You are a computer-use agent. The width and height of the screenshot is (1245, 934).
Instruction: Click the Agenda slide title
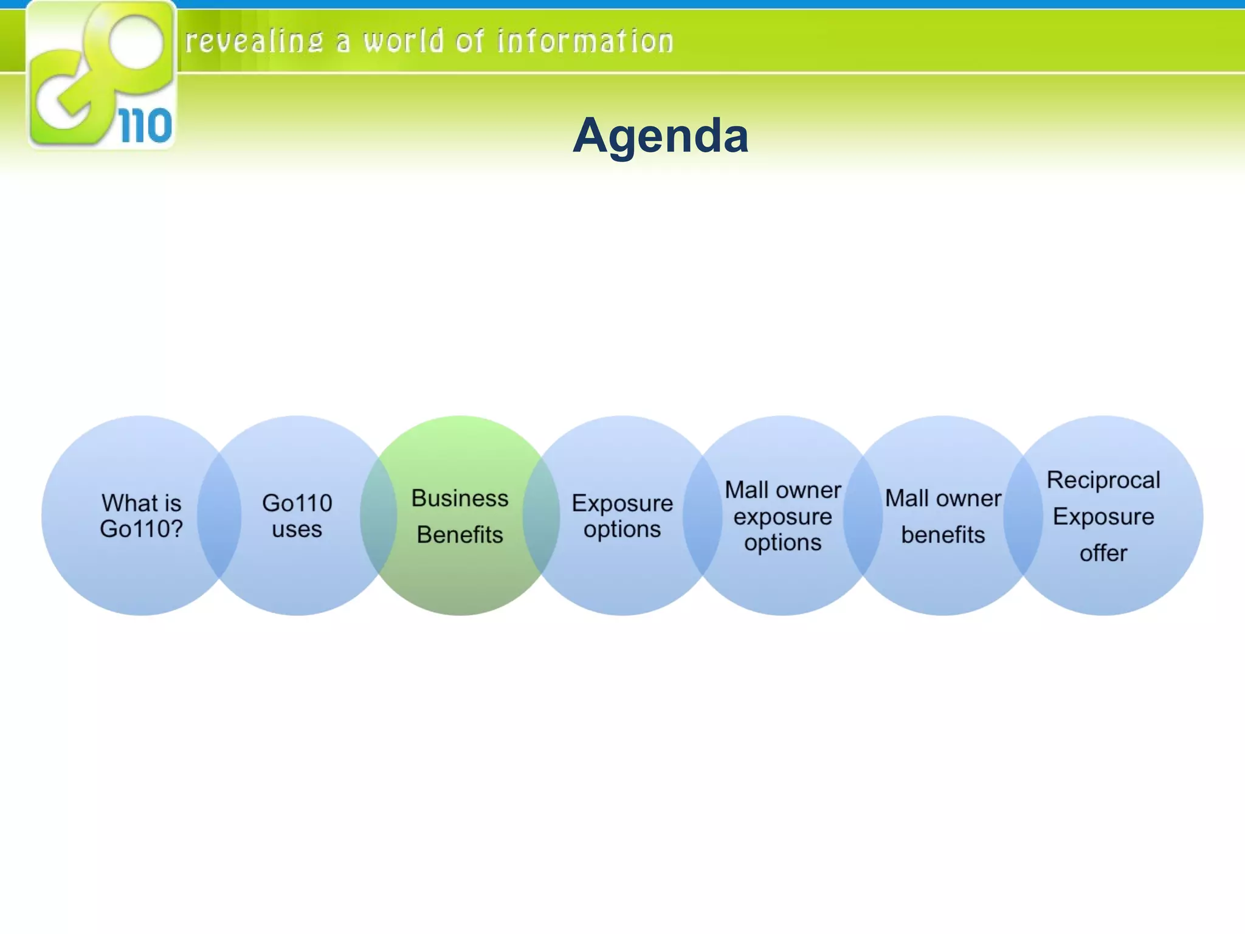coord(660,135)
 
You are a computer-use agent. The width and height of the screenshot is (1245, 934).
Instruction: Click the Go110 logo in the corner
coord(102,74)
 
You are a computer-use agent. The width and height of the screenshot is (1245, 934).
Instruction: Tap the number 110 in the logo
coord(145,126)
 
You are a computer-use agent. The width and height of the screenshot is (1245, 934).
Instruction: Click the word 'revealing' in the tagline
coord(254,42)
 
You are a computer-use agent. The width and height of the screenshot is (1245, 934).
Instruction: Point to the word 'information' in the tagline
coord(585,42)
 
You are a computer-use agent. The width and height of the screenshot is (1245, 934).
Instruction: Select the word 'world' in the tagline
coord(404,42)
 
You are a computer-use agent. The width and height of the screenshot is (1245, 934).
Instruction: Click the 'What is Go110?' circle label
coord(141,516)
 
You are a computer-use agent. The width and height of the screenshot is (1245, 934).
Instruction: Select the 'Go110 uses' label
coord(297,516)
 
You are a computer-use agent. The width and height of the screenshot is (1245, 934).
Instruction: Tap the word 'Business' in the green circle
coord(460,498)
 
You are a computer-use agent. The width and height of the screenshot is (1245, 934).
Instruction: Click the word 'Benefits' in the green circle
coord(460,534)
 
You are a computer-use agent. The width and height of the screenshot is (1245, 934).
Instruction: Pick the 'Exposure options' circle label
coord(622,516)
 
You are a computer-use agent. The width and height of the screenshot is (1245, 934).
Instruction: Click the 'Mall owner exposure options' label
coord(782,516)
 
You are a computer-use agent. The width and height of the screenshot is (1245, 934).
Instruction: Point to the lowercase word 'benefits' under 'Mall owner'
coord(943,534)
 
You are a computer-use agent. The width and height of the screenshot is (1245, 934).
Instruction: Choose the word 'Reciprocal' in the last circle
coord(1103,480)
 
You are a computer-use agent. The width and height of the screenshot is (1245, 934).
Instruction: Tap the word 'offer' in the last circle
coord(1103,553)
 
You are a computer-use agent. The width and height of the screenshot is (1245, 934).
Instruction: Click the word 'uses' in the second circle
coord(297,529)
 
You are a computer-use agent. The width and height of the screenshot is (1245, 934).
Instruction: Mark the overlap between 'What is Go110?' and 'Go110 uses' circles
coord(219,516)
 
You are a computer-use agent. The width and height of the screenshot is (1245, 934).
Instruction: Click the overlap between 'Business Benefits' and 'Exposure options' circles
coord(541,516)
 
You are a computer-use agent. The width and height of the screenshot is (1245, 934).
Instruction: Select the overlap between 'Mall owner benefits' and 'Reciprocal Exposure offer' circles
coord(1023,516)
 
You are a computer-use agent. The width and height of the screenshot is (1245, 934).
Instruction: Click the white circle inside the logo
coord(136,43)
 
